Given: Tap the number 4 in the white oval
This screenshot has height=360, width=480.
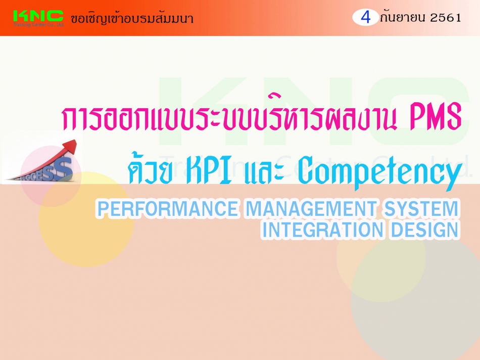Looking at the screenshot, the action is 365,18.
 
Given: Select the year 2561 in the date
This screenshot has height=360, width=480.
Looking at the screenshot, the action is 446,18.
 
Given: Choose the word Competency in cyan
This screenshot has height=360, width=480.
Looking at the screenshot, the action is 380,172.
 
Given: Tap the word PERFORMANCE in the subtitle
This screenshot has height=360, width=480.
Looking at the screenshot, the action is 167,209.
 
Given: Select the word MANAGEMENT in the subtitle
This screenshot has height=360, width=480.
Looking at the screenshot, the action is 311,209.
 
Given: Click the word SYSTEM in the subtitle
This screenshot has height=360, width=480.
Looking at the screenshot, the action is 421,209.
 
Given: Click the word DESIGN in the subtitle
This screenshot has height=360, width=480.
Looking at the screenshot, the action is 425,230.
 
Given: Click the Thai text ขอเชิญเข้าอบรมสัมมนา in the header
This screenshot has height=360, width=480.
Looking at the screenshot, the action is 132,18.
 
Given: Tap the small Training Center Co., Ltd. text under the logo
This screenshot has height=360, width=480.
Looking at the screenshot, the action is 38,24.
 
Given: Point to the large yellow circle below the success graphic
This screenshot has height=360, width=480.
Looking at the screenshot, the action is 86,219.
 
